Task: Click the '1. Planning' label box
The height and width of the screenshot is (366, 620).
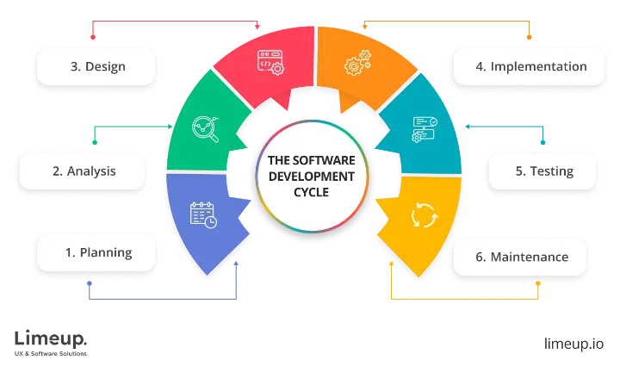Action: point(96,252)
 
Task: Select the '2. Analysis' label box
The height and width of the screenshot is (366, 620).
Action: point(83,171)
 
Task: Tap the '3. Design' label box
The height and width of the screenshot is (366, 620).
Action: point(96,66)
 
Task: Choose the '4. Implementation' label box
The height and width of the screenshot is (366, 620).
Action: point(529,66)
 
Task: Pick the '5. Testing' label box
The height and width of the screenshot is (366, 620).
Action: point(542,171)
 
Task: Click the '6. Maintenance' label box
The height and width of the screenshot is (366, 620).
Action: point(519,257)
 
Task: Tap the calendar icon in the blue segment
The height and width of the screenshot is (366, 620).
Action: point(203,215)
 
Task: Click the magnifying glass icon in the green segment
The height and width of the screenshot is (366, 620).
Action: point(205,129)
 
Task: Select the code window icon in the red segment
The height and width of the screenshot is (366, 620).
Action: point(270,63)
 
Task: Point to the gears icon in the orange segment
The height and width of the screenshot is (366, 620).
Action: point(358,63)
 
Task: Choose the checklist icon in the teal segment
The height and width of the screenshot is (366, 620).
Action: point(425,129)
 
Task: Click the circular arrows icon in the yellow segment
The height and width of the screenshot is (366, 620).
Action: point(425,215)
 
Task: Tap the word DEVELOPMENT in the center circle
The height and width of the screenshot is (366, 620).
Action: point(312,177)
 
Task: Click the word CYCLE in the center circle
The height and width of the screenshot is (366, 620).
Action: point(311,192)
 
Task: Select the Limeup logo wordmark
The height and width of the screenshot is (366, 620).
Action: point(51,339)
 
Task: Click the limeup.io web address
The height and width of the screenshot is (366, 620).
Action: point(573,344)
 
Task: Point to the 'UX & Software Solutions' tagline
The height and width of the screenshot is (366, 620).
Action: point(51,353)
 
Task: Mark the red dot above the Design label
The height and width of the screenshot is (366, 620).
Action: point(93,37)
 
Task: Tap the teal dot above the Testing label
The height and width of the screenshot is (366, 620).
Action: point(542,142)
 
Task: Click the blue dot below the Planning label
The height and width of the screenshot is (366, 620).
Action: point(90,283)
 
